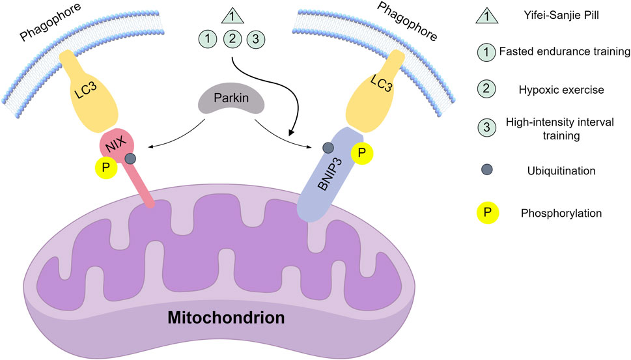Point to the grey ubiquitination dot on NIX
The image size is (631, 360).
click(131, 158)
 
